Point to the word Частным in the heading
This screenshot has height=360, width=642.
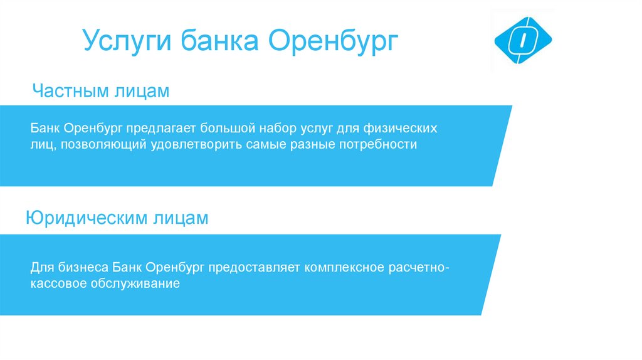71,91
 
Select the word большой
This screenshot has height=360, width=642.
229,129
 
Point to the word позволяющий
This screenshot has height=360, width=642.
103,146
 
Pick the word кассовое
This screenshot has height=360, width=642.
56,284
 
